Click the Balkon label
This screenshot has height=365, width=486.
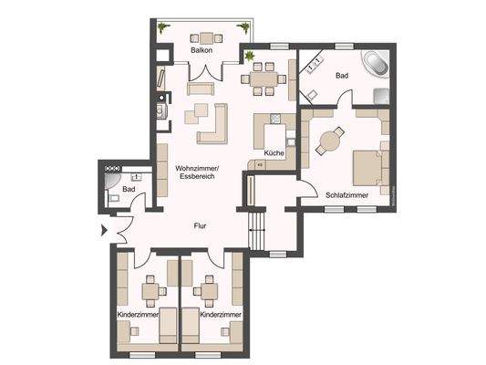tap(202, 52)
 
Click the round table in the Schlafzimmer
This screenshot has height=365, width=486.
tap(329, 141)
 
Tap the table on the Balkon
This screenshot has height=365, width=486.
tap(207, 37)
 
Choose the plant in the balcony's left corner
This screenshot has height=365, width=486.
tap(163, 29)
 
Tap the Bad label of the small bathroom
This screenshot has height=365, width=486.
tap(129, 189)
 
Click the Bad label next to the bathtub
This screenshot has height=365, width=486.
tap(342, 75)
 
